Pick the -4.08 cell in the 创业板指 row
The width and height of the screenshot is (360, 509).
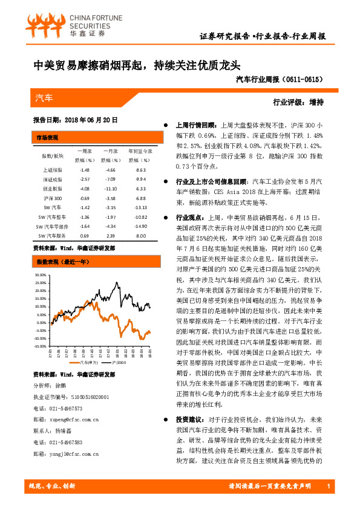point(85,189)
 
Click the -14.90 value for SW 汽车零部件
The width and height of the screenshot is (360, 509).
point(141,225)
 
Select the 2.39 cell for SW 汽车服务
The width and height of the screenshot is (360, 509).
point(110,235)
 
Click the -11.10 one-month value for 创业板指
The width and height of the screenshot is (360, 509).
point(110,189)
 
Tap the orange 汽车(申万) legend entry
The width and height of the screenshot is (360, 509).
point(88,363)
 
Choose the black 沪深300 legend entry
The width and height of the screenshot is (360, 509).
point(119,363)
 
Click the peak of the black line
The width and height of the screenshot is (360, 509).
point(117,282)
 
